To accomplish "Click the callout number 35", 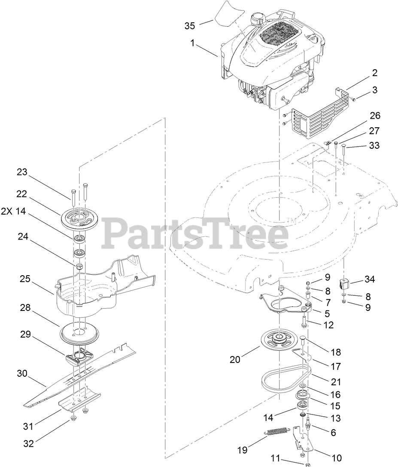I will point(190,26).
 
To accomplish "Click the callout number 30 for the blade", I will point(22,374).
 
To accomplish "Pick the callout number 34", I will point(369,280).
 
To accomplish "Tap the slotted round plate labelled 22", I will point(79,220).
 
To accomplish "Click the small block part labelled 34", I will point(346,284).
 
